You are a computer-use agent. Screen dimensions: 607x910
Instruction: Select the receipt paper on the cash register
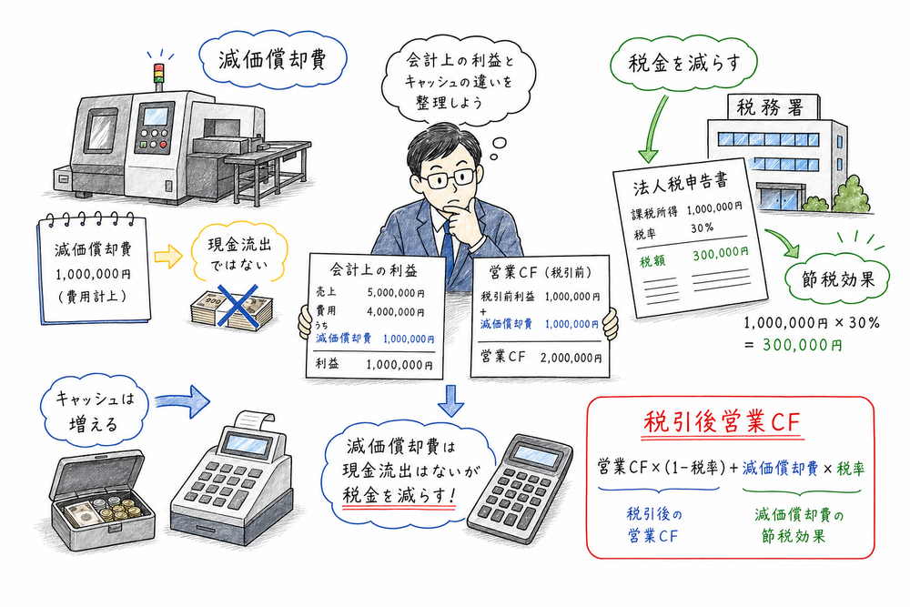[251, 420]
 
